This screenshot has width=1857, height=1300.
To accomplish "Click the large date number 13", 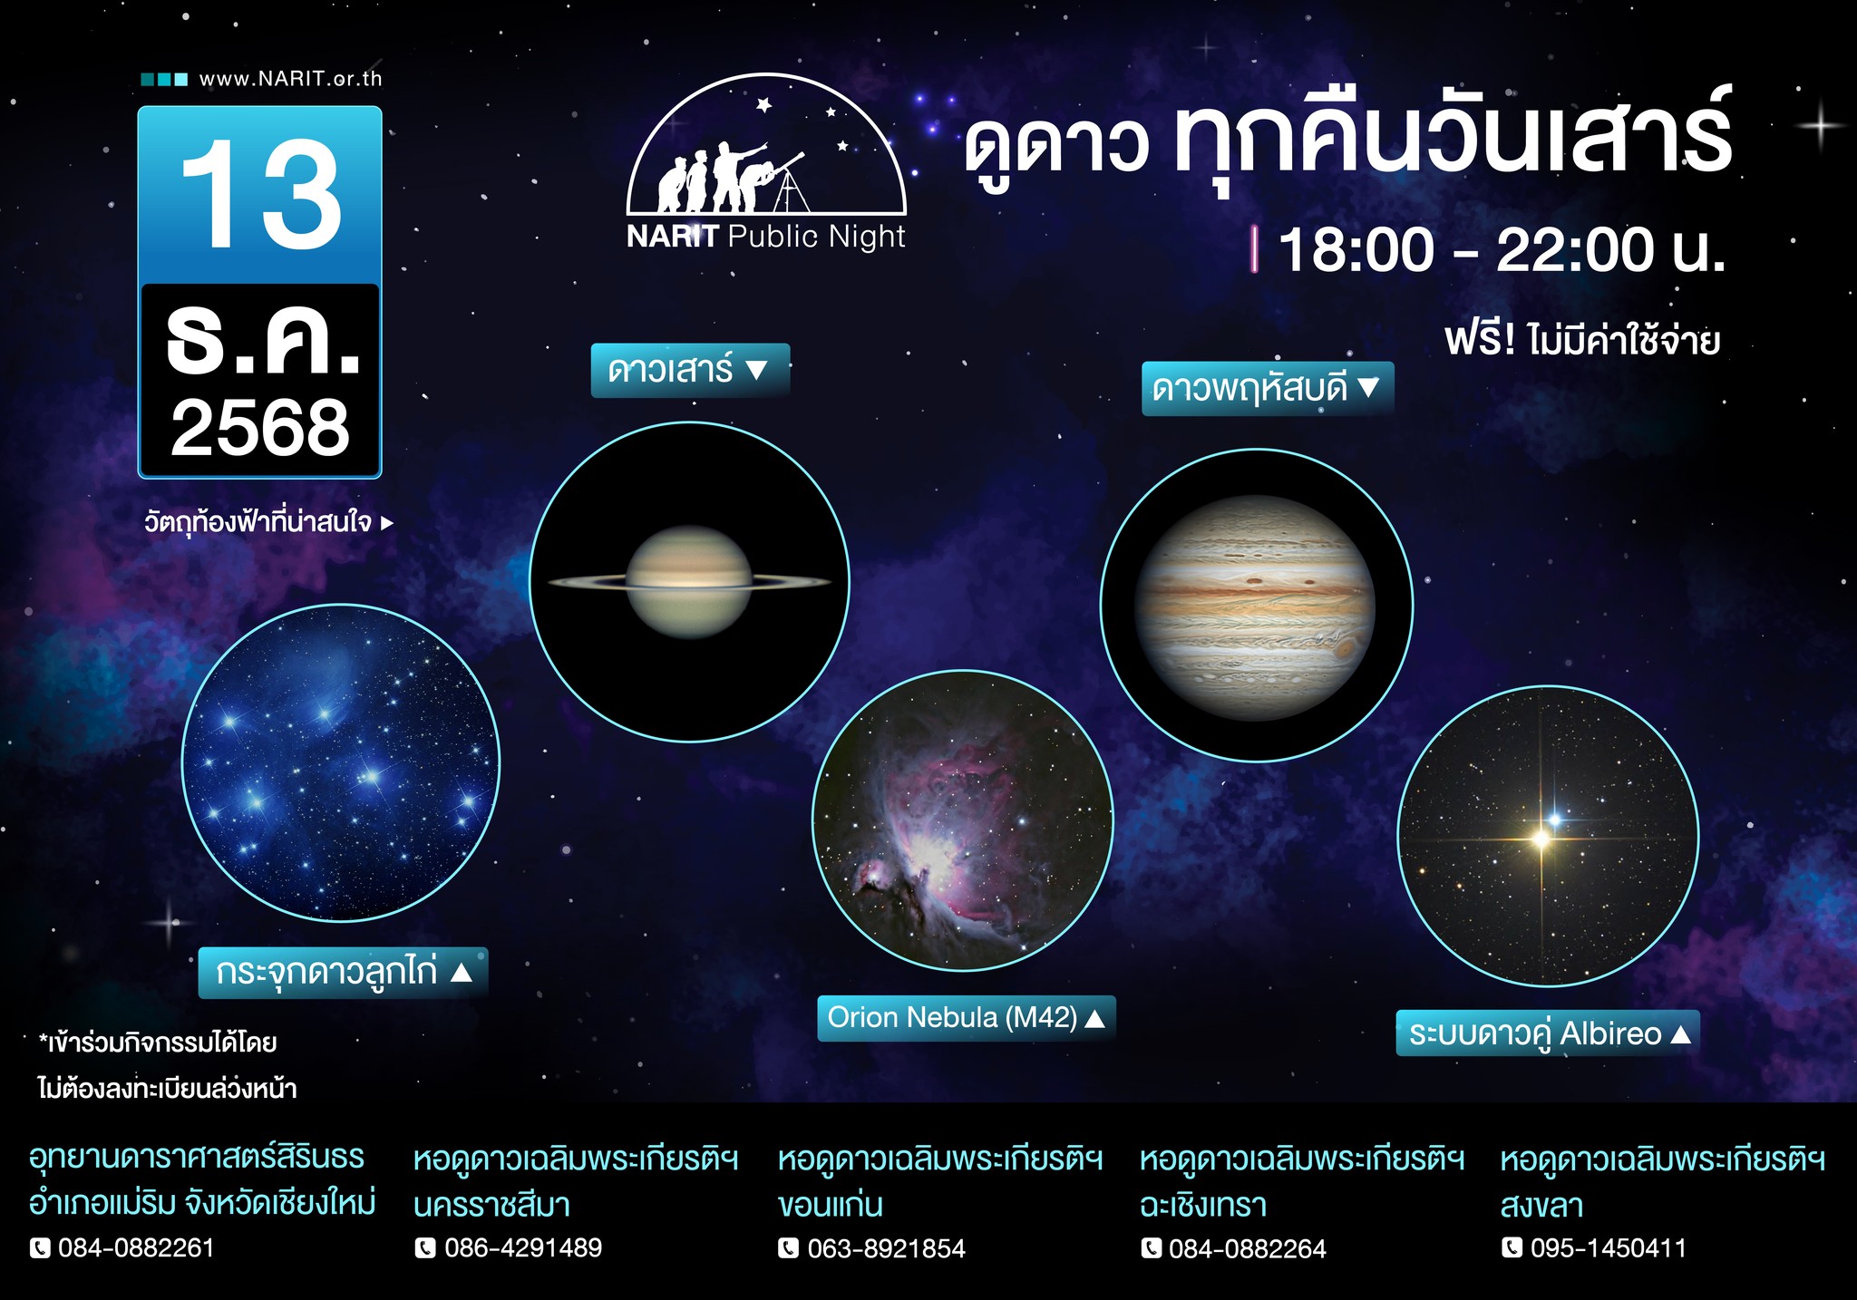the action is coord(261,196).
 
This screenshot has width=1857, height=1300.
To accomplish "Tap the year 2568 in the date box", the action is coord(260,428).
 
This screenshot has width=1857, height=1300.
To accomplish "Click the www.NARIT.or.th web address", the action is coord(291,79).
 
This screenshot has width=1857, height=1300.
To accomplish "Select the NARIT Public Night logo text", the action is coord(766,237).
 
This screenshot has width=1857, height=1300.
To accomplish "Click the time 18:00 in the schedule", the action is coord(1356,250).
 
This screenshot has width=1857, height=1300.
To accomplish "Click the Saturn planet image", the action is coord(689,582).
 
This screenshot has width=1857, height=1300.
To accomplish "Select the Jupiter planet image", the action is coord(1256,607).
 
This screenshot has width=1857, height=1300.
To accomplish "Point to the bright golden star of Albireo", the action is coord(1541,839).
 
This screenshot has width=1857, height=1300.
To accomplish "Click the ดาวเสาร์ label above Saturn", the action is coord(690,370).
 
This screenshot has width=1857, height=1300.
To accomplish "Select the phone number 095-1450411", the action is coord(1609,1248).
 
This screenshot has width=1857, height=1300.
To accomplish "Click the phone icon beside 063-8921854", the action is coord(789,1248).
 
